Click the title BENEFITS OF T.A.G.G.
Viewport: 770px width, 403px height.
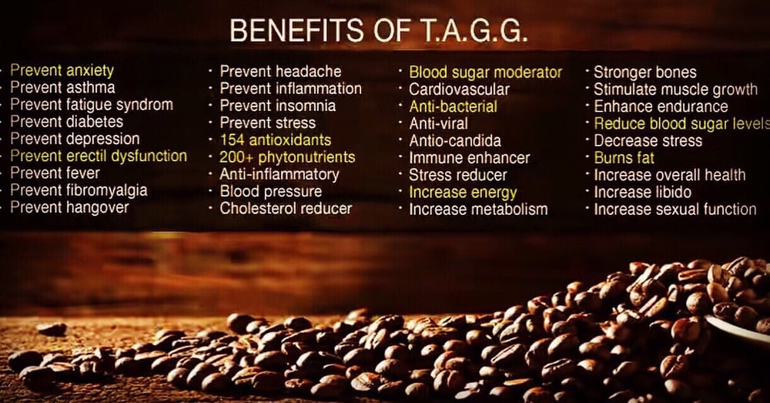coord(379,31)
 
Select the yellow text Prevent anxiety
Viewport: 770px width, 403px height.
coord(62,71)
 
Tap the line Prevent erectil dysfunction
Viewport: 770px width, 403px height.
coord(99,156)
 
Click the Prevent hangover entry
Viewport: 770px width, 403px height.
coord(69,207)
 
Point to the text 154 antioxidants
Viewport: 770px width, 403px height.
coord(276,139)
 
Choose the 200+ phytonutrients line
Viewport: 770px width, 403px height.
coord(287,156)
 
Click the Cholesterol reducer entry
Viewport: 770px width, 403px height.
coord(286,208)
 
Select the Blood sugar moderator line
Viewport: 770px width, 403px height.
coord(486,72)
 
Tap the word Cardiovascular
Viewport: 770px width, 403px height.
coord(460,89)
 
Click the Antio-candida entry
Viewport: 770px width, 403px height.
coord(455,141)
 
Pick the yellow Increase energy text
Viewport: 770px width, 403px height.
coord(463,192)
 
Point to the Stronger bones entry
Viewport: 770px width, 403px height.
coord(645,72)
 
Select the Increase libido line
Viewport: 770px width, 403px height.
coord(643,192)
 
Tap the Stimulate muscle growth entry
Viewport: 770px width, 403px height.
coord(676,89)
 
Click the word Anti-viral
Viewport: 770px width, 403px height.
coord(439,124)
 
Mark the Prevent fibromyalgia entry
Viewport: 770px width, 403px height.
coord(79,190)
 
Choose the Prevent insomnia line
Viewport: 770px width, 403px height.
coord(278,106)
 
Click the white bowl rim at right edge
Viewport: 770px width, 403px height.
coord(738,329)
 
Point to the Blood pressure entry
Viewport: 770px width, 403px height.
coord(271,191)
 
